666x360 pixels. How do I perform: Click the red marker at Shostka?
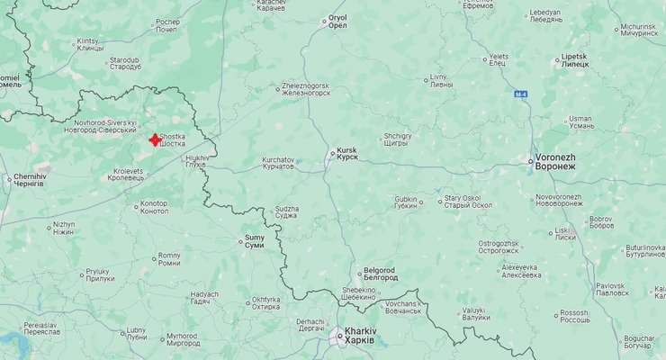155,139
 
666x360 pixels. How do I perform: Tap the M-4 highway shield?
521,94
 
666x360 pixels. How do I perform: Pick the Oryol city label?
337,22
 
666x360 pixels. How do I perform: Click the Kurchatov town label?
277,163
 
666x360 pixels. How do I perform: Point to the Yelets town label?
499,59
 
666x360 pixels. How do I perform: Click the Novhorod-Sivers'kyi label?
105,127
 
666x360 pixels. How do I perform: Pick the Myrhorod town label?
181,339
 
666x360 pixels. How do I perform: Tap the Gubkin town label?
406,202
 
